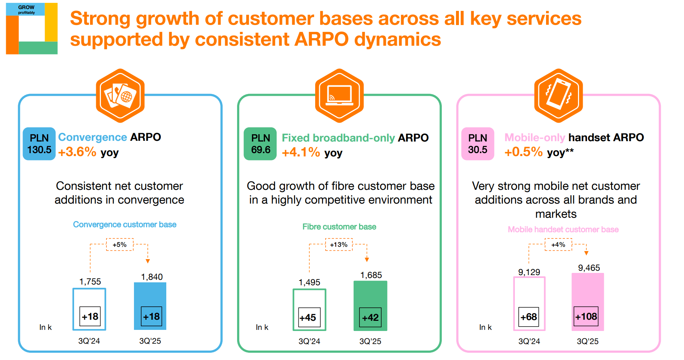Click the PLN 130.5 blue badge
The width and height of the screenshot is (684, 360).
[x=39, y=144]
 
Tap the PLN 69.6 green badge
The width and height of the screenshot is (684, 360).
[x=260, y=144]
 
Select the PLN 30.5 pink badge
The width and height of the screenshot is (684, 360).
[x=477, y=144]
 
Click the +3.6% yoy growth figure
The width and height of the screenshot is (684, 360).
[x=77, y=152]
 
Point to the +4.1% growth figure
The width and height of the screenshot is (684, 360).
[x=301, y=152]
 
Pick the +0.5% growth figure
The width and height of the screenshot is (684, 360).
[x=524, y=152]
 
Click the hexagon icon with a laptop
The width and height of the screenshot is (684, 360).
[x=339, y=96]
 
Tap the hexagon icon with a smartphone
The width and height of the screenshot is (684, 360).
[x=558, y=96]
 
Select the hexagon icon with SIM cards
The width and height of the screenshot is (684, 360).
[x=120, y=96]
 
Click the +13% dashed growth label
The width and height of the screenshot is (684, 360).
[x=339, y=245]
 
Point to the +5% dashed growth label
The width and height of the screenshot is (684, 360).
[x=119, y=245]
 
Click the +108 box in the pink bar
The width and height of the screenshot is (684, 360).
[x=586, y=316]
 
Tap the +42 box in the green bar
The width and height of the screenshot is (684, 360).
[x=370, y=318]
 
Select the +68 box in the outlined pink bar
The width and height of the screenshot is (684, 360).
[x=529, y=317]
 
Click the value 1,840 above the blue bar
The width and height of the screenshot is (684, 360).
[x=152, y=277]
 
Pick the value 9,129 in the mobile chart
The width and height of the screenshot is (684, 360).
[x=529, y=272]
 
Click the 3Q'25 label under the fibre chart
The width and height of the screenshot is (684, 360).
[x=370, y=341]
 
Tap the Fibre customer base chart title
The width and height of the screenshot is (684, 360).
[x=339, y=227]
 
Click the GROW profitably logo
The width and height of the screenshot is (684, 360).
[x=32, y=29]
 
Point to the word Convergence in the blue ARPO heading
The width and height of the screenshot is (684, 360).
[x=92, y=137]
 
